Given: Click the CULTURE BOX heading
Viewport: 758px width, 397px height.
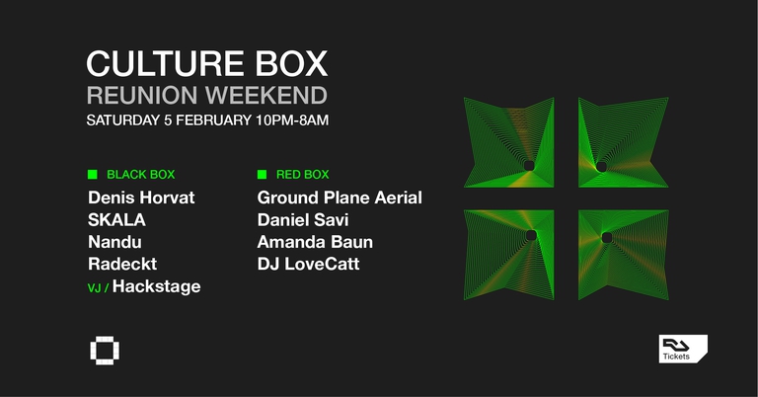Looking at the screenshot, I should coord(206,63).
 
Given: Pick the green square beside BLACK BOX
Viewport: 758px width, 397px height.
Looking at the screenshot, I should coord(93,175).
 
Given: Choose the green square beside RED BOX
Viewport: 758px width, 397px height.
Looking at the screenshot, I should coord(262,175).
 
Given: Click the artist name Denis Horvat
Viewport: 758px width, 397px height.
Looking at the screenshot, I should coord(141,198).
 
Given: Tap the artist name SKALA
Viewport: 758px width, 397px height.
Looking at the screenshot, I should coord(115,219).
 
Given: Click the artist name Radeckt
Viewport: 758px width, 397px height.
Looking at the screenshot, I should coord(122,264).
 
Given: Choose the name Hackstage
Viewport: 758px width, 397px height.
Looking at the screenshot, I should coord(157,286).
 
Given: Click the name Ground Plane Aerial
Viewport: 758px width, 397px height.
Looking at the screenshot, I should coord(340,198).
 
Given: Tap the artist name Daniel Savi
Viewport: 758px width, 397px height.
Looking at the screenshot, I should coord(303,219).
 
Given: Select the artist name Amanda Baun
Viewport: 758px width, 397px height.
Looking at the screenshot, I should coord(315,242).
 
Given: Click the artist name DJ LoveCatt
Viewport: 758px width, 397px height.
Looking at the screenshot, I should coord(308,264).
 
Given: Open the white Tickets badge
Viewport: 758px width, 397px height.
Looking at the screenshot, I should coord(683,349).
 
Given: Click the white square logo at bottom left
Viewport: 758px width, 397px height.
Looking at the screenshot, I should coord(102,350).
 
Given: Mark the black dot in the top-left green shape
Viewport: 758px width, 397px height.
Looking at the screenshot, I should coord(529,165).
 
